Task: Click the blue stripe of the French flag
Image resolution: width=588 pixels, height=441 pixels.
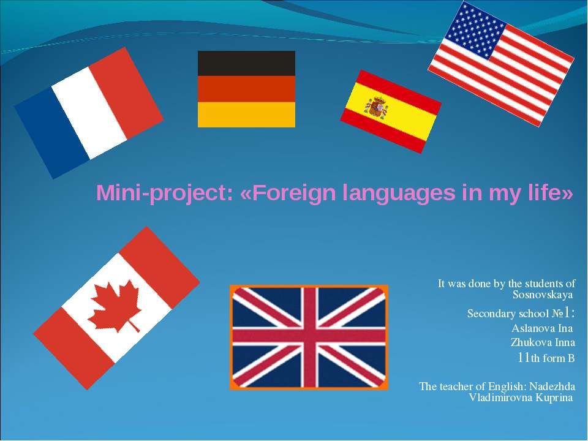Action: click(51, 132)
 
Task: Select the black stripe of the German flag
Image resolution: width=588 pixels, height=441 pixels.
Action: click(246, 63)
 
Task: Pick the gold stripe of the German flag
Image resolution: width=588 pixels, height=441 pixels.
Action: click(246, 115)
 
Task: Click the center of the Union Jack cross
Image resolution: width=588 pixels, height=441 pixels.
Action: click(309, 337)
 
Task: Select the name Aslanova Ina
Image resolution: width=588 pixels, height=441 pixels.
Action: click(542, 328)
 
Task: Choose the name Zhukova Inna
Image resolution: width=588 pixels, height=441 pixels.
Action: click(543, 342)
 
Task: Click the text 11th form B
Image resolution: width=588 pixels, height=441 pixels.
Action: click(546, 358)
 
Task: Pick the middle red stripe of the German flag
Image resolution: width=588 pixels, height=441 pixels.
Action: click(246, 89)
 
